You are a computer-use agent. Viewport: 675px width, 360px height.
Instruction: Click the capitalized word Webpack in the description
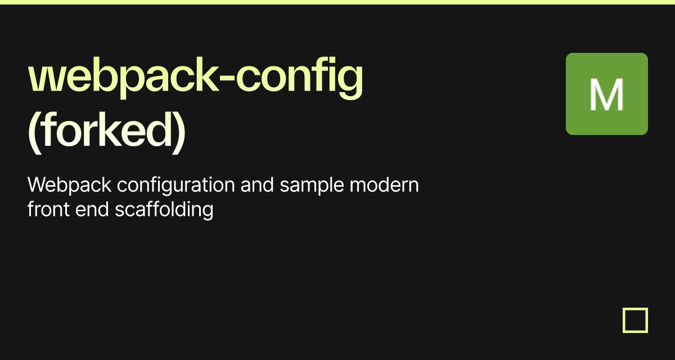[69, 184]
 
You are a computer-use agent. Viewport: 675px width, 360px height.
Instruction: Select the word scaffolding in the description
[164, 210]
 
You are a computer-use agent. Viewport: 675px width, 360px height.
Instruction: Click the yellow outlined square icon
[635, 320]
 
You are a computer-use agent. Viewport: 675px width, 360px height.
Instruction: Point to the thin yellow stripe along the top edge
[337, 2]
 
